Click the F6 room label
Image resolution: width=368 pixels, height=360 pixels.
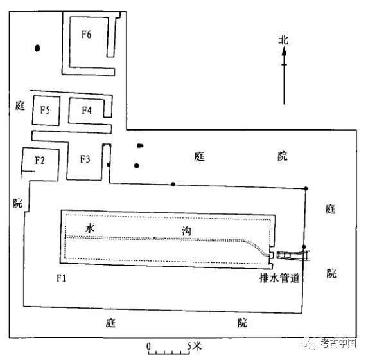[86, 35]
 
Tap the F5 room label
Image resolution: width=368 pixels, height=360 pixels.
[45, 110]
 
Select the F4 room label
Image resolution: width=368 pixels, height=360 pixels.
[87, 110]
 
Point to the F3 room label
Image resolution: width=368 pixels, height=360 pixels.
[85, 159]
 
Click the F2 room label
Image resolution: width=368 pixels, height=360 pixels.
[40, 160]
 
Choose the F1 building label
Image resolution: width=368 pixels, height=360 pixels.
[61, 278]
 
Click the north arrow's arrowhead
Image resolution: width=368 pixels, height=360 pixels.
[285, 51]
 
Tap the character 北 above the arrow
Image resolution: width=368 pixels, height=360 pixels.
[283, 40]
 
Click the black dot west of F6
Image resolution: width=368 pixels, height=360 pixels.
[37, 48]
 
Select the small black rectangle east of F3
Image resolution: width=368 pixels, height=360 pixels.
[141, 146]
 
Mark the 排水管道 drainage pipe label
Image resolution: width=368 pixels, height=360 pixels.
[280, 278]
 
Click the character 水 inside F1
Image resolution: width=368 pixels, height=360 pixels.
[90, 228]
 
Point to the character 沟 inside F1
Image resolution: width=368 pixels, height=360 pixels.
[187, 231]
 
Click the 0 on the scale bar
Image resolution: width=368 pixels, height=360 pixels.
[148, 346]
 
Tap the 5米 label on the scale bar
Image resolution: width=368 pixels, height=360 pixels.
[195, 346]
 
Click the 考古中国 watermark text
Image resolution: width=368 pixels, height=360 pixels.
[338, 343]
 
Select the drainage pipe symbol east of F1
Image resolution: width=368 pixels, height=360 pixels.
[293, 255]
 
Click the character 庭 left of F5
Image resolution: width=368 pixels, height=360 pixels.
[20, 105]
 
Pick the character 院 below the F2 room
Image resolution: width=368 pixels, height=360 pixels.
[18, 203]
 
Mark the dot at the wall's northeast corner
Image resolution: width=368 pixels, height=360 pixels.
[306, 188]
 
